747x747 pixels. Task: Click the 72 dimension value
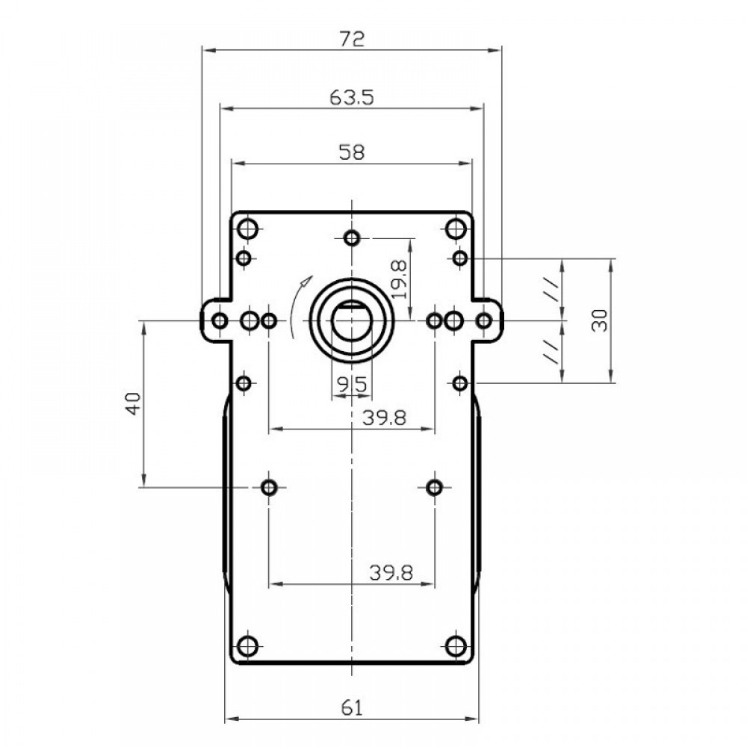click(x=352, y=39)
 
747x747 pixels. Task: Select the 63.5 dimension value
click(x=352, y=98)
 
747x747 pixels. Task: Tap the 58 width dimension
click(x=352, y=152)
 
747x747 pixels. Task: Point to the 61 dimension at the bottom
click(x=352, y=708)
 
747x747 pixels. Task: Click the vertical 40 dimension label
click(x=134, y=403)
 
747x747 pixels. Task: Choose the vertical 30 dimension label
click(x=600, y=320)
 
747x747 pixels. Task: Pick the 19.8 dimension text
click(x=399, y=279)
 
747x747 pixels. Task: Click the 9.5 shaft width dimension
click(x=352, y=385)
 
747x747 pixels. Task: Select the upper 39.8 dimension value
click(x=384, y=418)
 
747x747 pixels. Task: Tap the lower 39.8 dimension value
click(x=391, y=573)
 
